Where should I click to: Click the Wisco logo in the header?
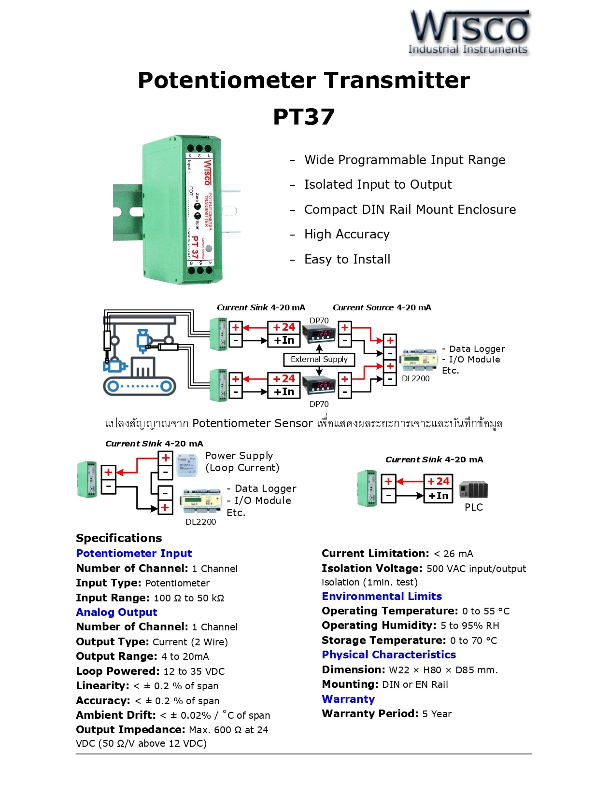[x=469, y=32]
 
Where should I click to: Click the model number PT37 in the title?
[x=304, y=117]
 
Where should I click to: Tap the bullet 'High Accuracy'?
[x=347, y=235]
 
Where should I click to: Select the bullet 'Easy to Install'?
[x=347, y=260]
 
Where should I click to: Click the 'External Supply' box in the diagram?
[x=319, y=360]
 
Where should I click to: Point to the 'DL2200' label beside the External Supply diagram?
[x=415, y=379]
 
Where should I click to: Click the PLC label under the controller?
[x=473, y=507]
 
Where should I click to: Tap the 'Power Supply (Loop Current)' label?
[x=241, y=462]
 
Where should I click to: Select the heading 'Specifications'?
[x=119, y=538]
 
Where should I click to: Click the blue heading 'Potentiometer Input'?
[x=134, y=554]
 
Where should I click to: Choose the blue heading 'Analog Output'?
[x=116, y=613]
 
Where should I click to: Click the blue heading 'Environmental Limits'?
[x=382, y=597]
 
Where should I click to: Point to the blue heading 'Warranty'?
[x=348, y=699]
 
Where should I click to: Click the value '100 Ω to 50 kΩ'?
[x=189, y=599]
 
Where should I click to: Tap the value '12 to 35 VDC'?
[x=194, y=672]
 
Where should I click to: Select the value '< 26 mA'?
[x=453, y=554]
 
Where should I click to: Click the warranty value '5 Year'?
[x=437, y=714]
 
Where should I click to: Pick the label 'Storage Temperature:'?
[x=384, y=641]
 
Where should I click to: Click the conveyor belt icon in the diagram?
[x=139, y=386]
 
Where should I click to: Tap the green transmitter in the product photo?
[x=184, y=210]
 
